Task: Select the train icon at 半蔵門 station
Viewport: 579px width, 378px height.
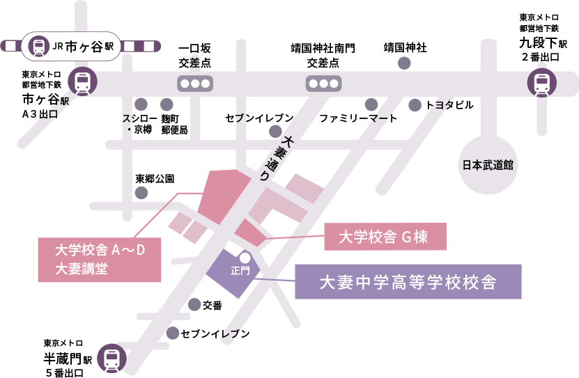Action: click(x=111, y=359)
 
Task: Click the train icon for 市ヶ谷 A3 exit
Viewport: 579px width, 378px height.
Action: click(x=83, y=81)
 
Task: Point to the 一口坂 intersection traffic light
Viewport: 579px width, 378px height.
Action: click(x=194, y=84)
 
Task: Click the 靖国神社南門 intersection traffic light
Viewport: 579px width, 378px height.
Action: click(x=323, y=84)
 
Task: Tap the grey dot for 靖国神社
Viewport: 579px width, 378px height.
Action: click(x=403, y=63)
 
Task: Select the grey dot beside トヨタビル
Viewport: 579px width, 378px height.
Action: click(x=415, y=105)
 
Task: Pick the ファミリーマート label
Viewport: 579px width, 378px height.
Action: click(x=358, y=118)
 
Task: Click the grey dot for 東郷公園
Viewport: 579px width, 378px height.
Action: click(x=141, y=193)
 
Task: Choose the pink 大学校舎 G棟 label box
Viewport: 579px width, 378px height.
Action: click(x=385, y=237)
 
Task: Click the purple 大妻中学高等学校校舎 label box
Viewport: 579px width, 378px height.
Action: click(x=408, y=282)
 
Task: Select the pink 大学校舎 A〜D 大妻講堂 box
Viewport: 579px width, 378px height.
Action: click(x=99, y=259)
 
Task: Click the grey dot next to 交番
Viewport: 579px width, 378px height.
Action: click(x=194, y=304)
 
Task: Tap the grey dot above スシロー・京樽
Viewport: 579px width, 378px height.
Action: click(x=141, y=102)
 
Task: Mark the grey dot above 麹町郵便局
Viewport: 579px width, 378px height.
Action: click(x=166, y=102)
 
